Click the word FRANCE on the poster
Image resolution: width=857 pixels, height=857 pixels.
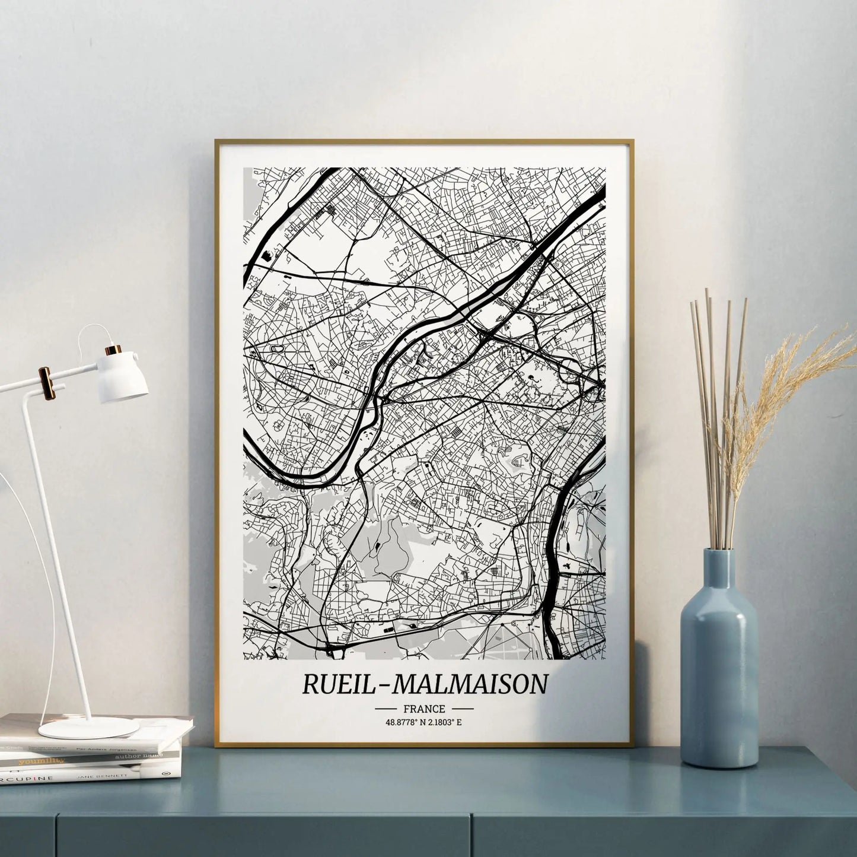[x=423, y=709]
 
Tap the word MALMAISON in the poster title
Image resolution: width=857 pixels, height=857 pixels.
[x=470, y=684]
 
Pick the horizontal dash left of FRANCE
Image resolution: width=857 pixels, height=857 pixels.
[x=386, y=709]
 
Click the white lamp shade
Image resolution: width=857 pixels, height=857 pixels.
[x=123, y=377]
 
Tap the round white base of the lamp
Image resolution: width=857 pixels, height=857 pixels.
[x=88, y=727]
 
